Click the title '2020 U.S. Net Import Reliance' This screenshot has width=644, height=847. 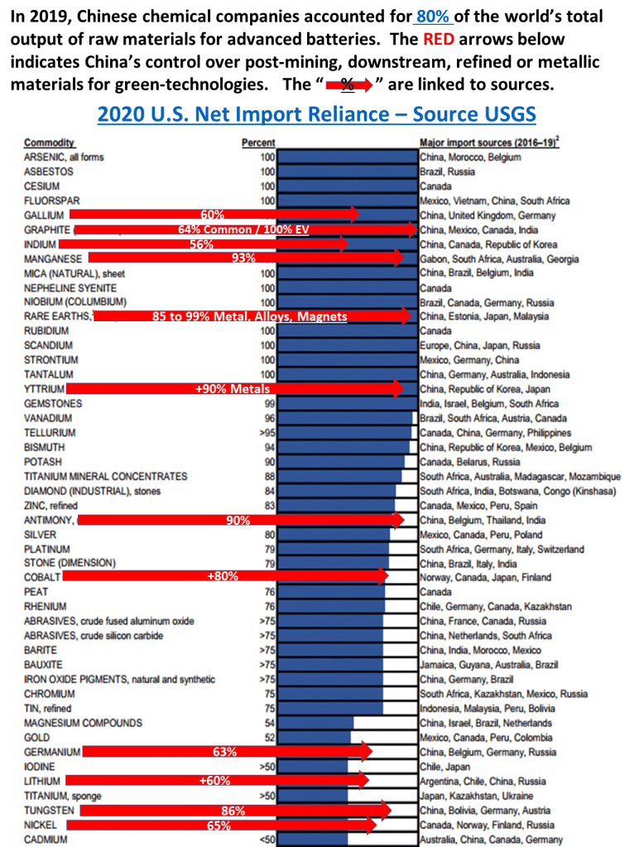[316, 114]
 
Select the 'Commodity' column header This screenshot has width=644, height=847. [49, 142]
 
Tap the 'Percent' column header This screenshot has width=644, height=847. [258, 142]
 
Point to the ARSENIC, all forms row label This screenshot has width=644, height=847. [64, 157]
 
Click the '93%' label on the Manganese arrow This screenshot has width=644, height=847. [243, 258]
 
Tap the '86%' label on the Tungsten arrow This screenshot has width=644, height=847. [233, 811]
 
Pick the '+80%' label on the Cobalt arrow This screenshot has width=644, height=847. [223, 577]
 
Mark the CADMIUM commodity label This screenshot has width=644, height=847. [46, 840]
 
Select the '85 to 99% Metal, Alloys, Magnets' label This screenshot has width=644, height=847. [250, 316]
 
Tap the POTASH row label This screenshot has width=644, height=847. [42, 462]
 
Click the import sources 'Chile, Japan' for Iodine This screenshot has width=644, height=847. [445, 767]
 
